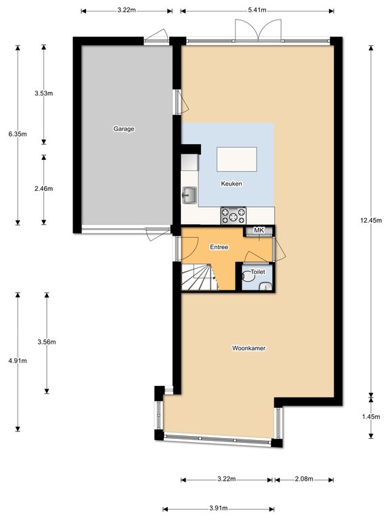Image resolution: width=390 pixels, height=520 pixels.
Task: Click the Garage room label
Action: (x=124, y=129)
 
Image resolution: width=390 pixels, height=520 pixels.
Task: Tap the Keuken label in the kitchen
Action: (x=232, y=183)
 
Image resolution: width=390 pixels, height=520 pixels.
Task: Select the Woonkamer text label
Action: (x=248, y=348)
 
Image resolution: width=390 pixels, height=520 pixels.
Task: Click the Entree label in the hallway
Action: (x=219, y=247)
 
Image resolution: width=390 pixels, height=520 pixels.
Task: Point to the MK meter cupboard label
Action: (x=259, y=230)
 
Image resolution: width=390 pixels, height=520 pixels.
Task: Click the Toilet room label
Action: (x=258, y=272)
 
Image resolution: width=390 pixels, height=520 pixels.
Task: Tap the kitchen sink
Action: (x=190, y=195)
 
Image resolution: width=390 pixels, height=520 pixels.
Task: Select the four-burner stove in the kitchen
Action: (x=234, y=215)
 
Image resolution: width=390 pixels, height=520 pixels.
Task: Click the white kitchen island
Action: (x=237, y=159)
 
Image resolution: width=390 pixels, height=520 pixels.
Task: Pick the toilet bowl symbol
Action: (x=248, y=276)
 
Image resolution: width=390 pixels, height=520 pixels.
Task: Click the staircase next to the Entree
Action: (x=200, y=277)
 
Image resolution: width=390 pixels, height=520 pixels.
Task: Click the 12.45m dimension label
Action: (x=371, y=220)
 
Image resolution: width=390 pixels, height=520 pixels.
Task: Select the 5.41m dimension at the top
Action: (x=257, y=10)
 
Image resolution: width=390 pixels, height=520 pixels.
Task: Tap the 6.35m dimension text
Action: (x=18, y=134)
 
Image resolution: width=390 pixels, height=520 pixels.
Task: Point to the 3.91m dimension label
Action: (x=219, y=508)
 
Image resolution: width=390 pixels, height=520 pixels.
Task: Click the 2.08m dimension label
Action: (x=304, y=479)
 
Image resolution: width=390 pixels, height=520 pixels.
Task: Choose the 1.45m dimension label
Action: (x=371, y=417)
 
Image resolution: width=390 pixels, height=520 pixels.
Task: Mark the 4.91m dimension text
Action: (x=18, y=360)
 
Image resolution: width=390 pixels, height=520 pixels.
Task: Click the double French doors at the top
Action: (x=259, y=30)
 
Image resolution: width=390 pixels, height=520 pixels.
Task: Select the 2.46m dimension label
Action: (x=44, y=188)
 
